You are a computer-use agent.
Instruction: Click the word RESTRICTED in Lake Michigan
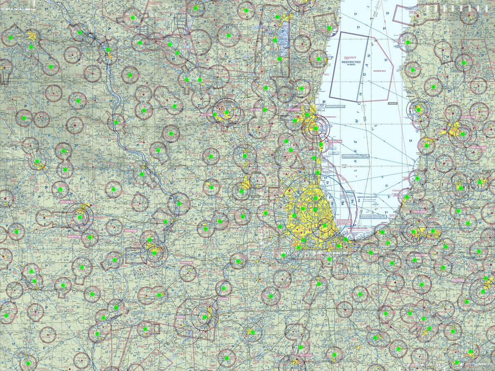pos(351,62)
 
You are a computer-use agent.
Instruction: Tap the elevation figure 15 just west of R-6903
pos(331,57)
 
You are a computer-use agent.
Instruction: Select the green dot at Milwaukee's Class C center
pos(316,129)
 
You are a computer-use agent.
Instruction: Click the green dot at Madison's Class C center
pos(226,112)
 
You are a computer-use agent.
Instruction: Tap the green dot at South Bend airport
pos(413,232)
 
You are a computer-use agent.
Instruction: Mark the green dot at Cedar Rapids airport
pos(80,217)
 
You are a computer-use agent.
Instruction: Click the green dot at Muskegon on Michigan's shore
pos(418,110)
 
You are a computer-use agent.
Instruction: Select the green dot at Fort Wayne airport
pos(483,291)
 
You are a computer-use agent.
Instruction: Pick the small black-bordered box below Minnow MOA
pos(393,103)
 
